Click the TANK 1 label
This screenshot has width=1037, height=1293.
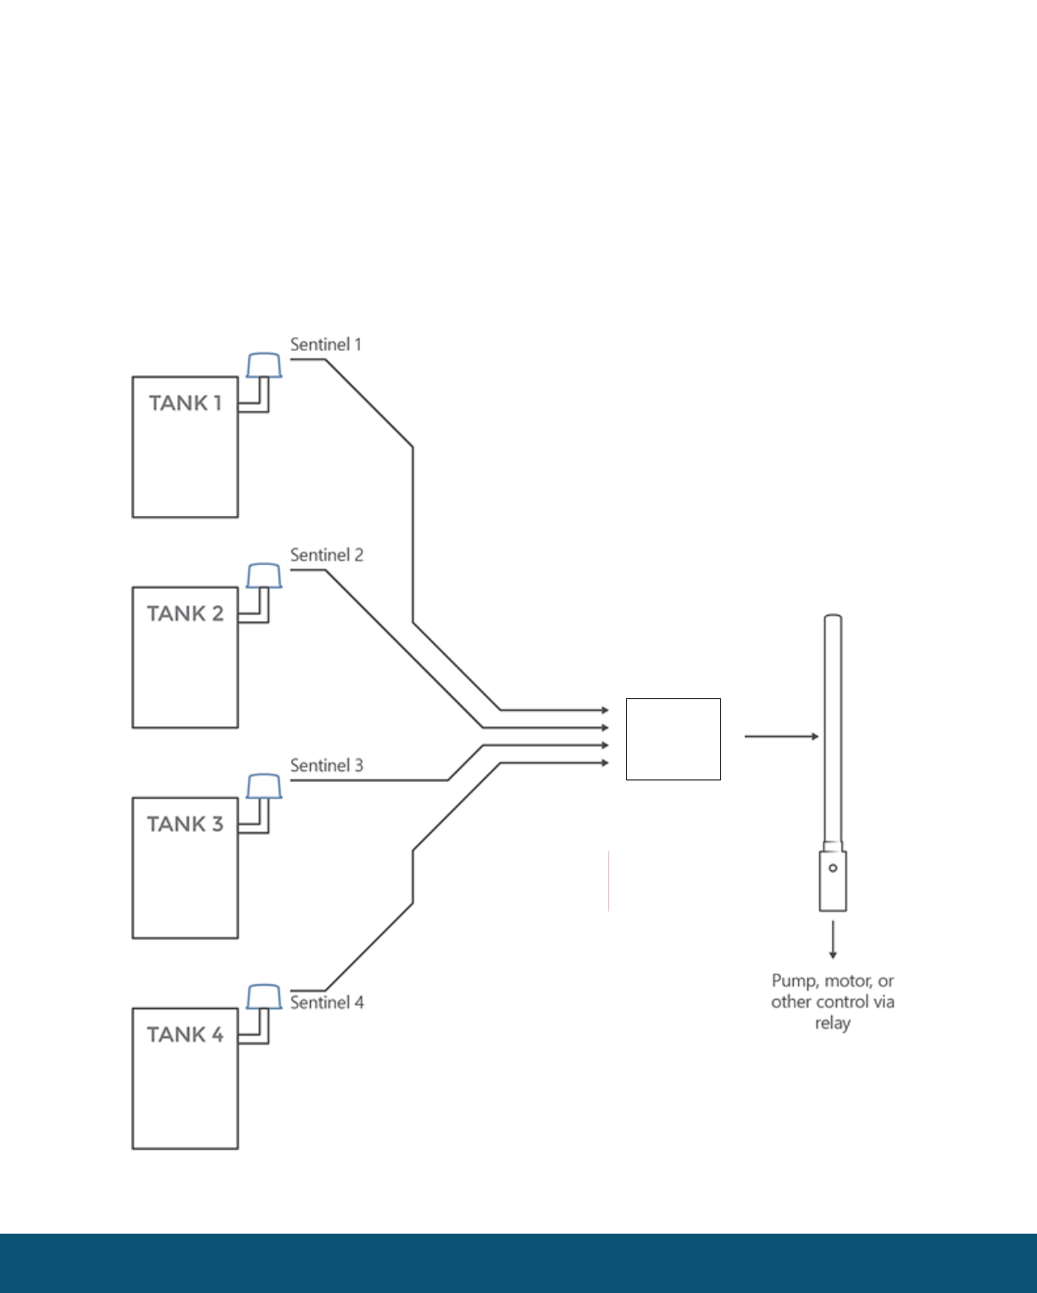pos(185,403)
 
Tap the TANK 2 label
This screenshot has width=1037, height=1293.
pos(185,613)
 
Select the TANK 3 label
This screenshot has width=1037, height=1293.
pos(185,824)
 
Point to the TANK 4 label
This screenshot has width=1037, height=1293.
pos(185,1035)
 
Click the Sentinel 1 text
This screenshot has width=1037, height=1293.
pos(325,345)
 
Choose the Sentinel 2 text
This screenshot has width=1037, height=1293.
pos(326,555)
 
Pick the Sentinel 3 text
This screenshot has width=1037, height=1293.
pos(326,765)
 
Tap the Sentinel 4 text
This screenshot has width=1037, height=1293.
pos(326,1002)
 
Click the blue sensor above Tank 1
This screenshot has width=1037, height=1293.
pos(263,365)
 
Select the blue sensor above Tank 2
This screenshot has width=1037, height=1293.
pos(263,576)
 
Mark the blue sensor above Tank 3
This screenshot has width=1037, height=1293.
pos(263,786)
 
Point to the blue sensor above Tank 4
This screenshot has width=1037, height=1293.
pos(263,996)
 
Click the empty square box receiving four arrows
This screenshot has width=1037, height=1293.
pos(673,739)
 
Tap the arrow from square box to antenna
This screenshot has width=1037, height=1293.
pos(781,736)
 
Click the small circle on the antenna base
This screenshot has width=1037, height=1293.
pos(833,868)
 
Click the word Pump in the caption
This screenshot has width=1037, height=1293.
pos(793,981)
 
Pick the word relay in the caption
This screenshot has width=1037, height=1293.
pos(832,1024)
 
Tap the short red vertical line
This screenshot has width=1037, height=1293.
pos(608,881)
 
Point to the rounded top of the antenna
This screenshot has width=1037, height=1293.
pos(833,618)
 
